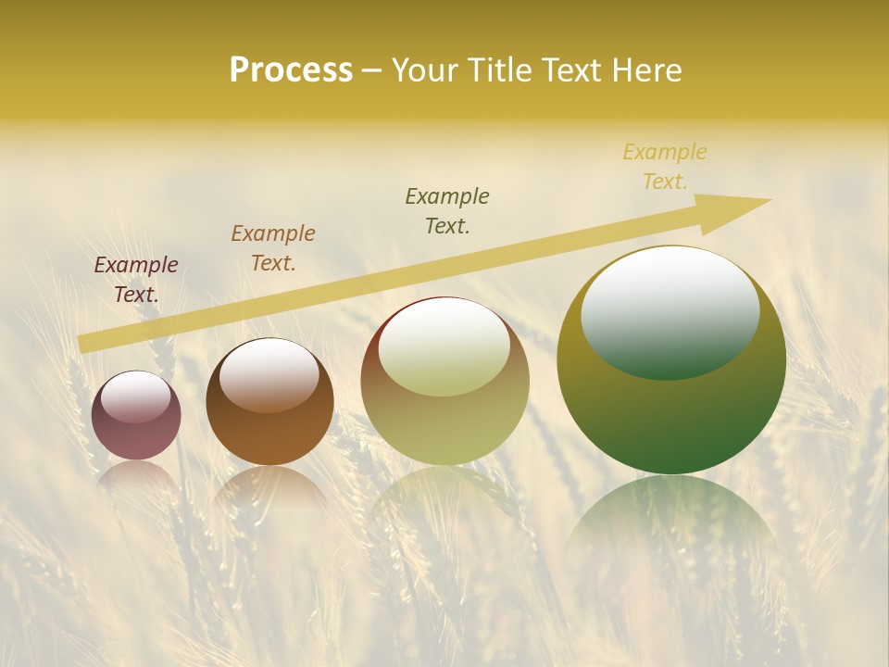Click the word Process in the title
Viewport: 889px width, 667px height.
coord(291,70)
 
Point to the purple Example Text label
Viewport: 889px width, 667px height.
coord(136,280)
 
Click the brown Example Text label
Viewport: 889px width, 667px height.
coord(273,248)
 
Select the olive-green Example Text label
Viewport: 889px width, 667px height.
coord(447,211)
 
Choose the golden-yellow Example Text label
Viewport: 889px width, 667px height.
coord(665,167)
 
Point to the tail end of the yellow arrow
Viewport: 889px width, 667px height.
coord(85,343)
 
